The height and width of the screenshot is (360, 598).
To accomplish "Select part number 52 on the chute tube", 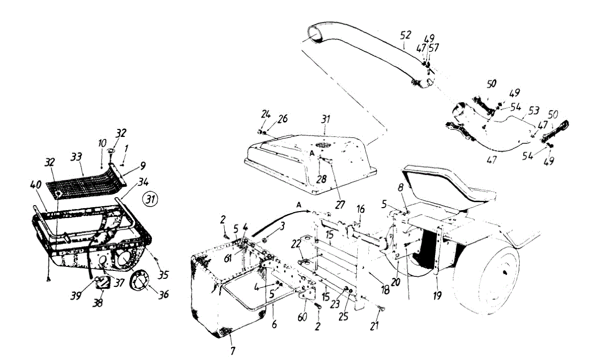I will click(x=406, y=35).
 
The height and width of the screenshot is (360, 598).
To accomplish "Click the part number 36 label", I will click(x=162, y=294).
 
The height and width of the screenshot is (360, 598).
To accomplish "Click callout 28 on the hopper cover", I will click(x=319, y=178).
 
